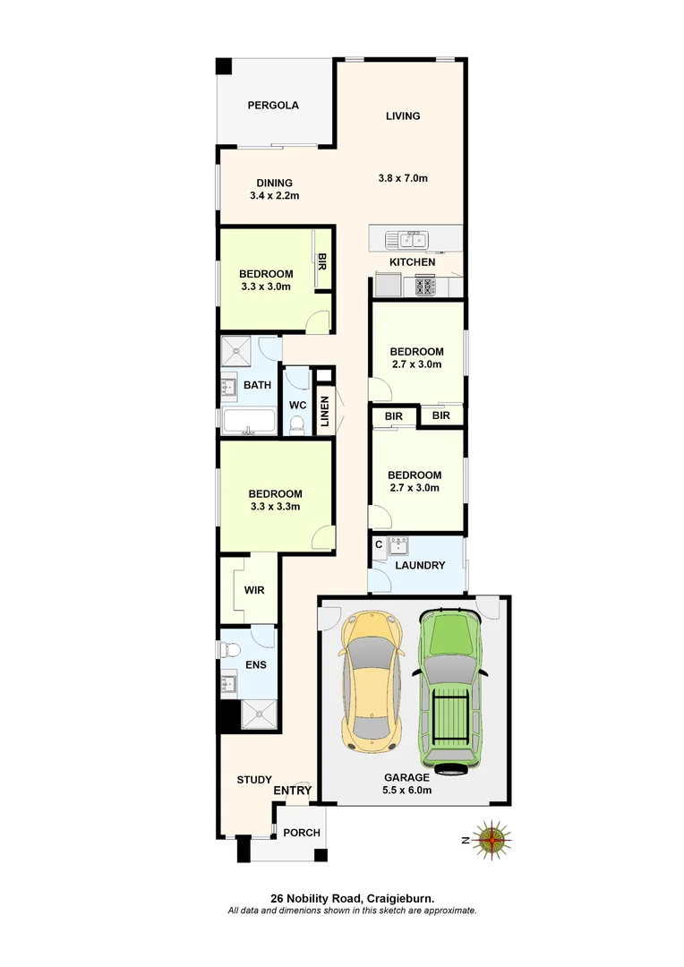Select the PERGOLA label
coord(273,106)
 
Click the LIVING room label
coord(403,116)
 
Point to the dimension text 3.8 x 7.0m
coord(403,178)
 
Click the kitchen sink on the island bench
coord(407,239)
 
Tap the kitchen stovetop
coord(423,287)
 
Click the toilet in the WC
coord(297,425)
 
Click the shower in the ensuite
coord(260,713)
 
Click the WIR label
coord(254,591)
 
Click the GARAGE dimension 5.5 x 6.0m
coord(407,791)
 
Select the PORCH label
coord(302,833)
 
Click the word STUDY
coord(253,781)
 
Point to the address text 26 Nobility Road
coord(317,898)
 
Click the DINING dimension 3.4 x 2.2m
coord(274,195)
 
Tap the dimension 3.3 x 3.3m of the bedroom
coord(275,507)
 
